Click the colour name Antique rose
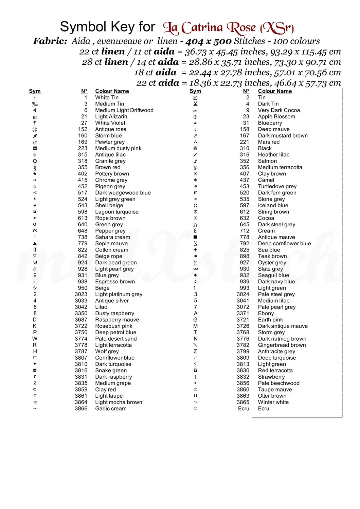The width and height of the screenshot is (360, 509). point(110,129)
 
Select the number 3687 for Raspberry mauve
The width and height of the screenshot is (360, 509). point(81,320)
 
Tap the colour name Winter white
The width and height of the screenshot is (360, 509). point(273,402)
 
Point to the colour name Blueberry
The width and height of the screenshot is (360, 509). point(270,123)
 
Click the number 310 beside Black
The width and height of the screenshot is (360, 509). point(245,148)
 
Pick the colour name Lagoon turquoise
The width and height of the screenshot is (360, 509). point(117,212)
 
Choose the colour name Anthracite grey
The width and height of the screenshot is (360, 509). point(276,352)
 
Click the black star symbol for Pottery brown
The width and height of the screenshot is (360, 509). point(35,174)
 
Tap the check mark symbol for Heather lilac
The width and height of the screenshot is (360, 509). point(195,155)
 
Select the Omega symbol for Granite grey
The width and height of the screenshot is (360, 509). point(35,161)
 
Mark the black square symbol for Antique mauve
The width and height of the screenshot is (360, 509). point(195,237)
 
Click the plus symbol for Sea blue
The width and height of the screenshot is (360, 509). point(195,250)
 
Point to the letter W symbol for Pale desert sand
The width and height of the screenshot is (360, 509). point(35,339)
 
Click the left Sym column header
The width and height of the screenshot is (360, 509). point(35,91)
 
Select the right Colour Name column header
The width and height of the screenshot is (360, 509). point(275,91)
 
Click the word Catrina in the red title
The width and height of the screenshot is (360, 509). point(202,28)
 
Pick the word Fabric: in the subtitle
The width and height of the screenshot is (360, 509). point(50,41)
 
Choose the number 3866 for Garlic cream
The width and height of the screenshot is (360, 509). point(81,409)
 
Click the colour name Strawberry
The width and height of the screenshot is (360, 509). point(271,377)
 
